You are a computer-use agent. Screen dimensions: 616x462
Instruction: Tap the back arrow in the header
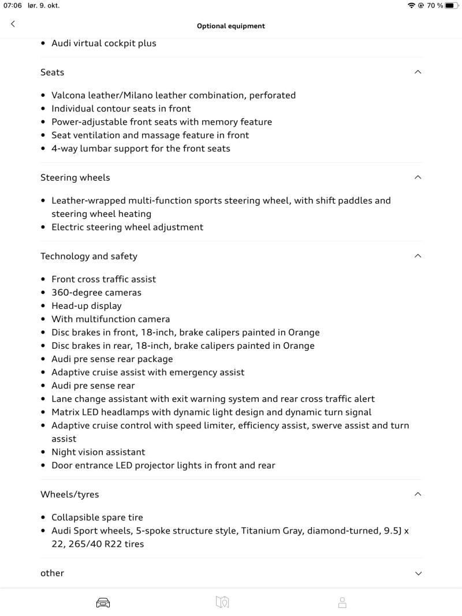coord(13,24)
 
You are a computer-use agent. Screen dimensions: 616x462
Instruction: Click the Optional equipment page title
coord(231,26)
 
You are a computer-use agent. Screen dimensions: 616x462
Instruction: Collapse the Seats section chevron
coord(418,72)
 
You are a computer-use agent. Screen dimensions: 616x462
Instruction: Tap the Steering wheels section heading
coord(75,177)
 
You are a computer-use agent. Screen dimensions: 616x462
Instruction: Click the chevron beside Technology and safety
coord(418,256)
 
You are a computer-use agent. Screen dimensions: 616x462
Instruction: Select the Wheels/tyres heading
coord(69,494)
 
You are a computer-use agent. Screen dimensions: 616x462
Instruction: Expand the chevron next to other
coord(418,573)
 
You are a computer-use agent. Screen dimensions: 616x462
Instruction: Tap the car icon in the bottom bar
coord(103,603)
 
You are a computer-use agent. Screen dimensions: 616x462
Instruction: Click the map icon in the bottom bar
coord(222,603)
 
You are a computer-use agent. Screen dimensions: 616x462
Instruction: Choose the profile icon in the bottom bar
coord(342,603)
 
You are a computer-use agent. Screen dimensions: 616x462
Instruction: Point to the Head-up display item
coord(87,306)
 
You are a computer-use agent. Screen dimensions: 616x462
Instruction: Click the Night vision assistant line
coord(98,452)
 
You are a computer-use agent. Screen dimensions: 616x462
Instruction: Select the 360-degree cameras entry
coord(96,293)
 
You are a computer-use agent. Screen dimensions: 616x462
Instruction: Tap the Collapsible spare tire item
coord(97,517)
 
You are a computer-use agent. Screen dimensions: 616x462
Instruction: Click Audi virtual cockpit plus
coord(104,43)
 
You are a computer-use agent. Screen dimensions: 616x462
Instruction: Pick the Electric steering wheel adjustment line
coord(127,227)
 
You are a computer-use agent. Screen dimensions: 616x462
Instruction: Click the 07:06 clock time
coord(13,6)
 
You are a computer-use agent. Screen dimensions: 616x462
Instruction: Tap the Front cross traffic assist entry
coord(104,279)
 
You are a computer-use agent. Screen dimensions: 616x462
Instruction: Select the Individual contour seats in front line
coord(121,109)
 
